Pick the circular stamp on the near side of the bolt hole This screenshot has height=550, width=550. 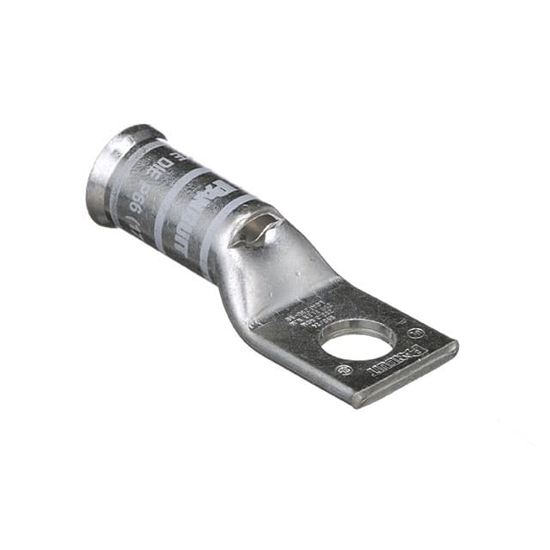(x=344, y=371)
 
